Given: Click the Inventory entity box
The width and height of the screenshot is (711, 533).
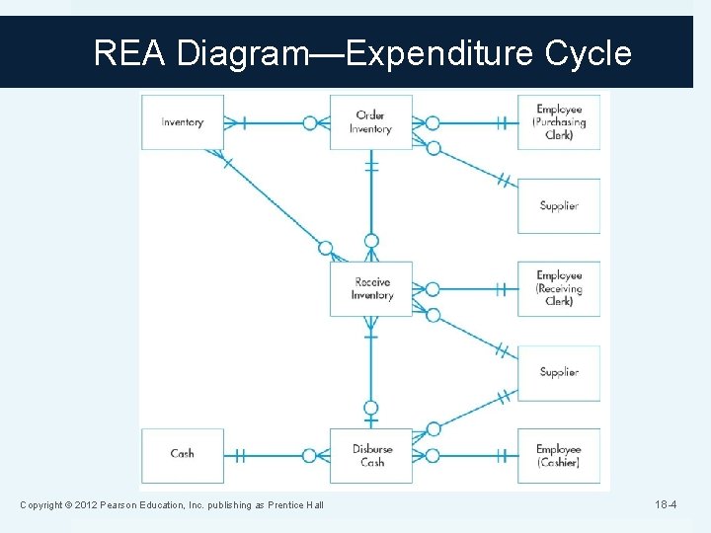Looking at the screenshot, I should [x=183, y=122].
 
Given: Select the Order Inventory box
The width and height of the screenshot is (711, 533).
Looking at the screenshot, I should [x=370, y=122].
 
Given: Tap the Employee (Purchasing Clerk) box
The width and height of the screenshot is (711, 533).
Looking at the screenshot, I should [x=559, y=122].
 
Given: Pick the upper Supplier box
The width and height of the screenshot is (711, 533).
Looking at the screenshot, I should [x=559, y=205].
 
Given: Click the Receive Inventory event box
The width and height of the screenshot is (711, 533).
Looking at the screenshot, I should [x=371, y=289].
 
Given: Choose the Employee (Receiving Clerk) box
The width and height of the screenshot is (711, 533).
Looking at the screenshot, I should [x=559, y=288].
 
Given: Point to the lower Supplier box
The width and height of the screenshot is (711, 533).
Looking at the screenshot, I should [x=559, y=372].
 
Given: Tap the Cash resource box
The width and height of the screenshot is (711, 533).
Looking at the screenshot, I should [x=183, y=454].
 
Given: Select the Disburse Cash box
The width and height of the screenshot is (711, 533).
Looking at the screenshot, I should [x=371, y=455].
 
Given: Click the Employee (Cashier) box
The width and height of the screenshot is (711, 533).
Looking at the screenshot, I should [x=559, y=455].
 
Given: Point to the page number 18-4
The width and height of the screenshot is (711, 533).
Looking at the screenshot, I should [x=666, y=505].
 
